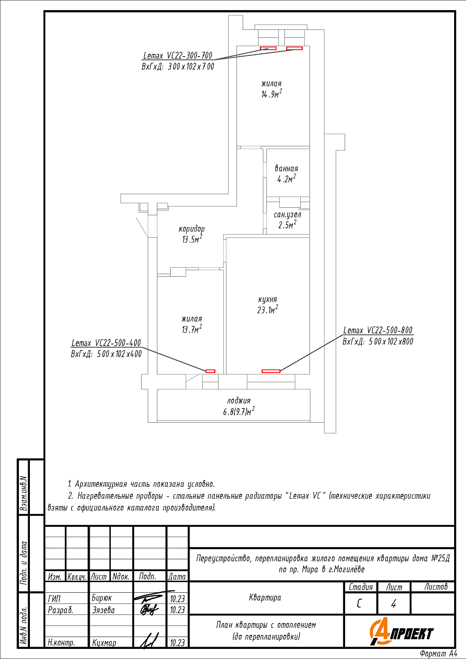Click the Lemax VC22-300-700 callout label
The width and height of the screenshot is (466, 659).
point(178,56)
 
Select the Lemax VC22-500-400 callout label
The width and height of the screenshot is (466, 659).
point(106,343)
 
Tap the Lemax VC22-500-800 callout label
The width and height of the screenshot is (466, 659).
point(378,330)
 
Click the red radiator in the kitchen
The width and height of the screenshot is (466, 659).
point(271,371)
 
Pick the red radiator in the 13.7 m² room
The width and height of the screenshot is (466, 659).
point(210,371)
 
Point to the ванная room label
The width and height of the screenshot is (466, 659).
point(287,169)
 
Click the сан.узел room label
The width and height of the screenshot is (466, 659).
point(288,215)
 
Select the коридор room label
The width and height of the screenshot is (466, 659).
point(192,229)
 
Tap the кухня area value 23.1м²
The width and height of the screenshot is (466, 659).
point(268,310)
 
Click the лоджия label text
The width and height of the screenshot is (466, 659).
point(239,401)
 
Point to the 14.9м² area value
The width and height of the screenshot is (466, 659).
point(271,94)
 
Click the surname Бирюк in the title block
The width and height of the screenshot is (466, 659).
point(102,598)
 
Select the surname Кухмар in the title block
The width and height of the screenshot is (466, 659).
point(104,643)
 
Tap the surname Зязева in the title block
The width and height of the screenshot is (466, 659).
point(103,610)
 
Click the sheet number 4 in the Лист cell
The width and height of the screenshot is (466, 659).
point(393,604)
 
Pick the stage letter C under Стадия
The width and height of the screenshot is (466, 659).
point(359,604)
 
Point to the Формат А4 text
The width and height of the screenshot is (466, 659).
point(438,653)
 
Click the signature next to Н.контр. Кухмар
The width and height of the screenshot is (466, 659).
point(149,641)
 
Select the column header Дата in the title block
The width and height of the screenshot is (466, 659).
point(177,576)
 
